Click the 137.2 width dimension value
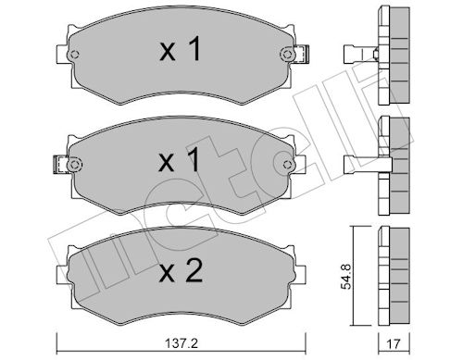coord(181,343)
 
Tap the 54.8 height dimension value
coord(346,277)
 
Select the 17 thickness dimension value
coord(394,344)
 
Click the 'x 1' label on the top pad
coord(181,49)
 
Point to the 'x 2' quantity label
coord(181,270)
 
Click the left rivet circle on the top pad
coord(74,55)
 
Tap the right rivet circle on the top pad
coord(287,55)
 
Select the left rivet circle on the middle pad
coord(74,165)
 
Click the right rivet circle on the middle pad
coord(287,165)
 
